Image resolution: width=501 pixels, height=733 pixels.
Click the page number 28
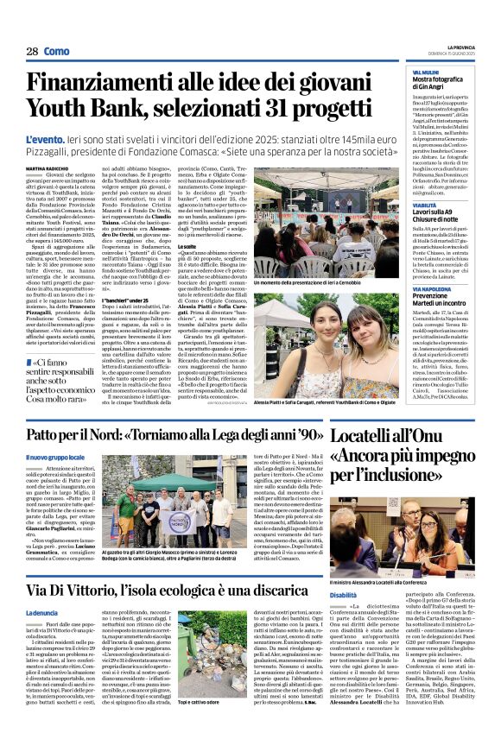32,52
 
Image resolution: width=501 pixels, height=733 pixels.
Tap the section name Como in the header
57,52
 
